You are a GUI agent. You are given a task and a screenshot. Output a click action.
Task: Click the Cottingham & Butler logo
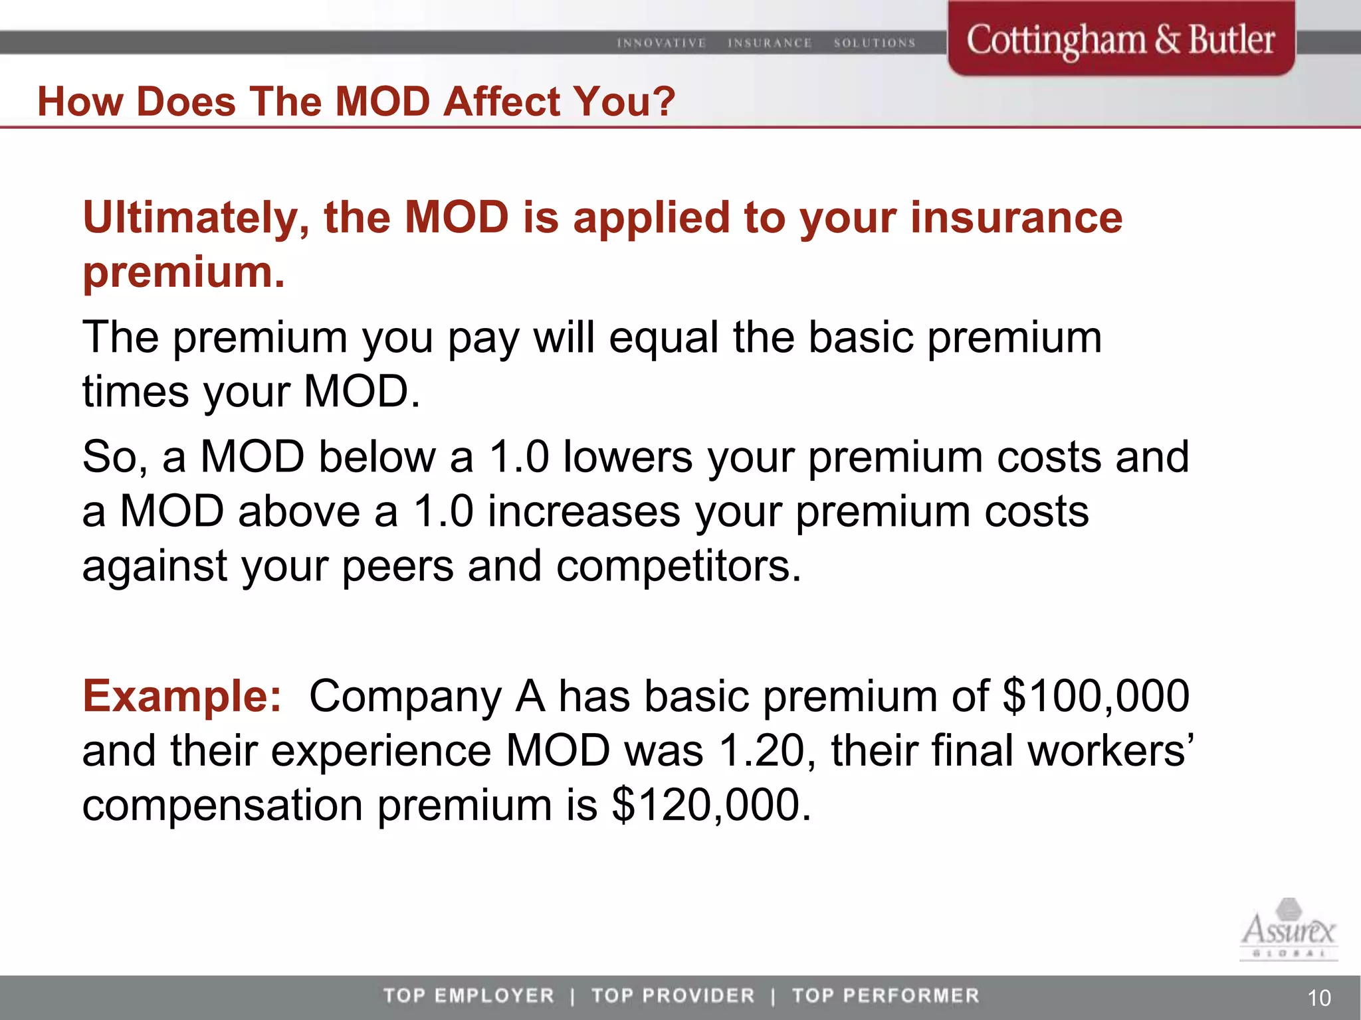[x=1120, y=40]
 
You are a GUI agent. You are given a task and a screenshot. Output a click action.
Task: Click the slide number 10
[x=1318, y=997]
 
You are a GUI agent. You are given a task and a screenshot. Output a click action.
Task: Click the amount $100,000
[x=1096, y=696]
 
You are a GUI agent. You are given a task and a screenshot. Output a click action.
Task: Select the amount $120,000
[x=711, y=805]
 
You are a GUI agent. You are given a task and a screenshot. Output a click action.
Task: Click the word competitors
[x=679, y=566]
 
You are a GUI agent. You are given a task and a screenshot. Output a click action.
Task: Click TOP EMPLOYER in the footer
[x=469, y=995]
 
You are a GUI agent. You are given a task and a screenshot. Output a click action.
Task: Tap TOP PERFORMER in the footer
[x=885, y=995]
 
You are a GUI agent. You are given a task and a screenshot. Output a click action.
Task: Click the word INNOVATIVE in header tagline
[x=661, y=43]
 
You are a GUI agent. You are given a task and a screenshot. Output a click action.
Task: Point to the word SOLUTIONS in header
[x=875, y=43]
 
